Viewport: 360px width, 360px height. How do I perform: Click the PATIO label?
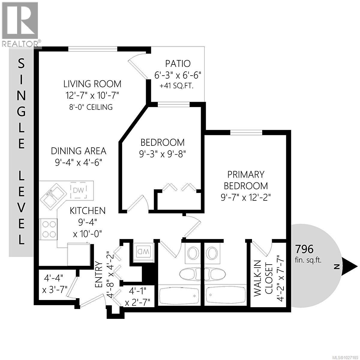[x=178, y=64]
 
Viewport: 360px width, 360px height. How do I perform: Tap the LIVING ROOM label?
[x=92, y=83]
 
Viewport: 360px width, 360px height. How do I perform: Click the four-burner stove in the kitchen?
[x=49, y=229]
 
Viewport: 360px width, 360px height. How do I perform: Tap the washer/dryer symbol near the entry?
[x=142, y=250]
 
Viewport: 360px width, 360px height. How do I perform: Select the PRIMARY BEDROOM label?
[x=246, y=180]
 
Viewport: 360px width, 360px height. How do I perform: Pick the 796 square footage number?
[x=304, y=249]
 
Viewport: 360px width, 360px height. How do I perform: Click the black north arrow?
[x=349, y=266]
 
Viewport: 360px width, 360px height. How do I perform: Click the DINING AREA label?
[x=79, y=151]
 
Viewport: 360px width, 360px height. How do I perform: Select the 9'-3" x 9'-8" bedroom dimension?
[x=163, y=154]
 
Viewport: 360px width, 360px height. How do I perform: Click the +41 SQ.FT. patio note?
[x=178, y=86]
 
